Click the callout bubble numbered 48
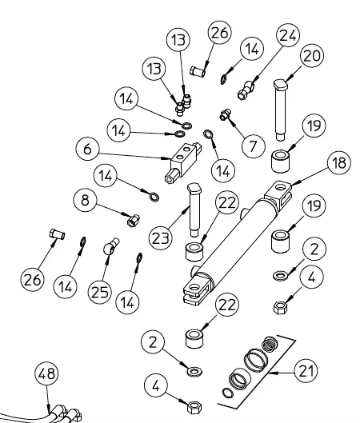(x=46, y=373)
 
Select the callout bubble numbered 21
(x=306, y=371)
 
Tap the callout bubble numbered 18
(x=339, y=162)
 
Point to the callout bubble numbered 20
(x=312, y=56)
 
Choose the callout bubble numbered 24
(x=288, y=35)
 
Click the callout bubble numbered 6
(x=87, y=149)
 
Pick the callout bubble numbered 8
(x=85, y=200)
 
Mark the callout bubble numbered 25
(x=99, y=292)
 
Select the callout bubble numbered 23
(x=161, y=238)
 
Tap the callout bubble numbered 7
(x=253, y=146)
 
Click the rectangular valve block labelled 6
(x=183, y=162)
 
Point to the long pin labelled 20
(x=280, y=110)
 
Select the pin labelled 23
(x=194, y=210)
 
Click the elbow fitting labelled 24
(x=246, y=90)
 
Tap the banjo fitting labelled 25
(x=111, y=245)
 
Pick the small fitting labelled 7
(x=225, y=114)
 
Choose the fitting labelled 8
(x=133, y=221)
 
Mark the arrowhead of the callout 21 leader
(x=270, y=373)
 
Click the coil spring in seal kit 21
(x=270, y=344)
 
